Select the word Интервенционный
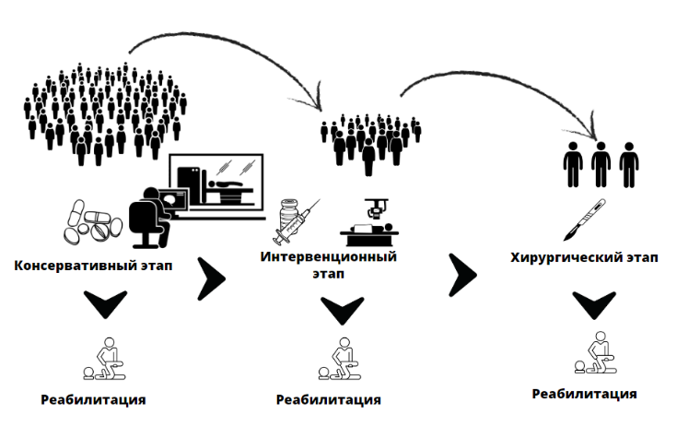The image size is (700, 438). pos(329,255)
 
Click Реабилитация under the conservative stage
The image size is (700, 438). pos(93,400)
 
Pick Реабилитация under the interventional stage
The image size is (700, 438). pos(328,400)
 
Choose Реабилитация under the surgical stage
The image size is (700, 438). pos(584,394)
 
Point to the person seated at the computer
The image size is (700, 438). pos(151,213)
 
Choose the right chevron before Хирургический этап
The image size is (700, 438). pos(463,273)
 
